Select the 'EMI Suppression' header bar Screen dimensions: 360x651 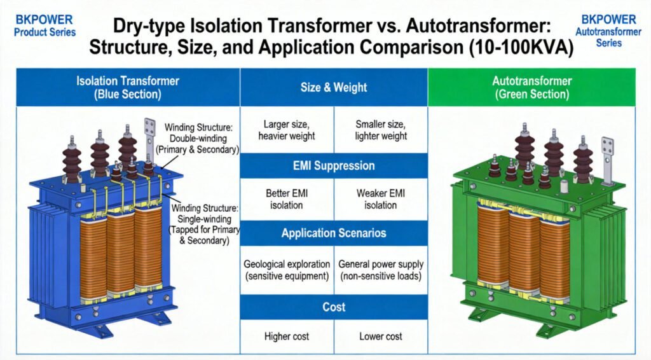pyautogui.click(x=334, y=165)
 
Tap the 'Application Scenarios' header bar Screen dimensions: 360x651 pyautogui.click(x=334, y=233)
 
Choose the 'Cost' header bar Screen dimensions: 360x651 pyautogui.click(x=334, y=307)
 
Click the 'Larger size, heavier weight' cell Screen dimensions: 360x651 pyautogui.click(x=287, y=129)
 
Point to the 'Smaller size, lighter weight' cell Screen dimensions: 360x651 pyautogui.click(x=381, y=129)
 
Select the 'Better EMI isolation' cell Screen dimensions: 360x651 pyautogui.click(x=287, y=198)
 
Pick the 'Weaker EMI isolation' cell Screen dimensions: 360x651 pyautogui.click(x=381, y=198)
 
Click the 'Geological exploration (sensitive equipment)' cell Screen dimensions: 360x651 pyautogui.click(x=287, y=270)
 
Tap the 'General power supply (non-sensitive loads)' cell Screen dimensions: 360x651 pyautogui.click(x=381, y=270)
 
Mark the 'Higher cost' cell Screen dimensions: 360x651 pyautogui.click(x=287, y=336)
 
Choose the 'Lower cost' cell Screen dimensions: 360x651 pyautogui.click(x=381, y=336)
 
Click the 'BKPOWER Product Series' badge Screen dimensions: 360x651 pyautogui.click(x=44, y=25)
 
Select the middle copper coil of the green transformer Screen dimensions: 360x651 pyautogui.click(x=524, y=254)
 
